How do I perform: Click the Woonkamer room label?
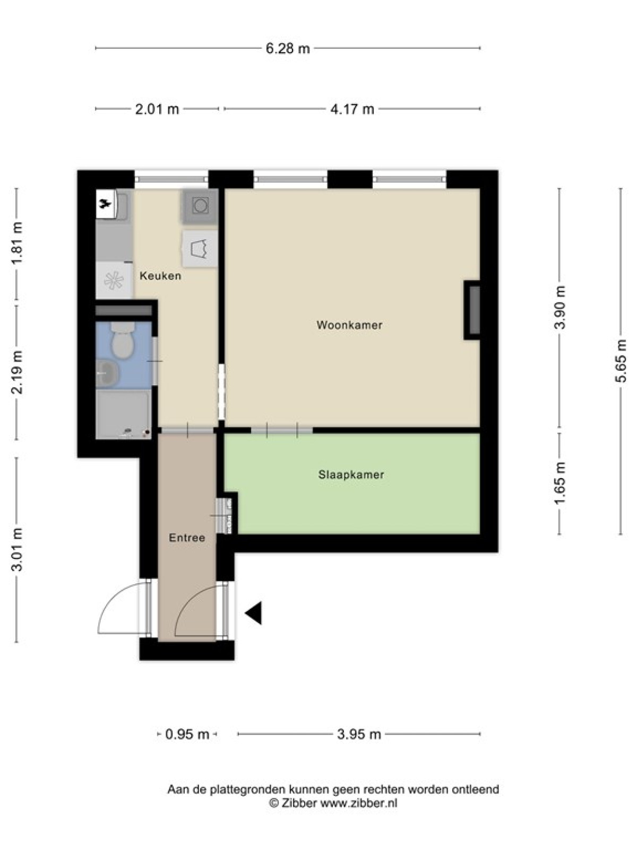(349, 325)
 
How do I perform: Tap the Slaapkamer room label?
(351, 475)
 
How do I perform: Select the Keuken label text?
(160, 276)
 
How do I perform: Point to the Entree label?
(187, 538)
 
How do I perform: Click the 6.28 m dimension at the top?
(288, 49)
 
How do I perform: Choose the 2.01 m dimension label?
(157, 109)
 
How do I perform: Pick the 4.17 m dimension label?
(352, 109)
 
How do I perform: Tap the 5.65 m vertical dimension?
(620, 361)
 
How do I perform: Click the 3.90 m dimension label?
(559, 307)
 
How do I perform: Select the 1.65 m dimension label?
(559, 483)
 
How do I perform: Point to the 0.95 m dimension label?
(187, 734)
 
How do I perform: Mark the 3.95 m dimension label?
(359, 734)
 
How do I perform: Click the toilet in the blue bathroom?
(122, 339)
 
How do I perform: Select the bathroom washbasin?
(108, 373)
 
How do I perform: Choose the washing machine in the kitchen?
(200, 206)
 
